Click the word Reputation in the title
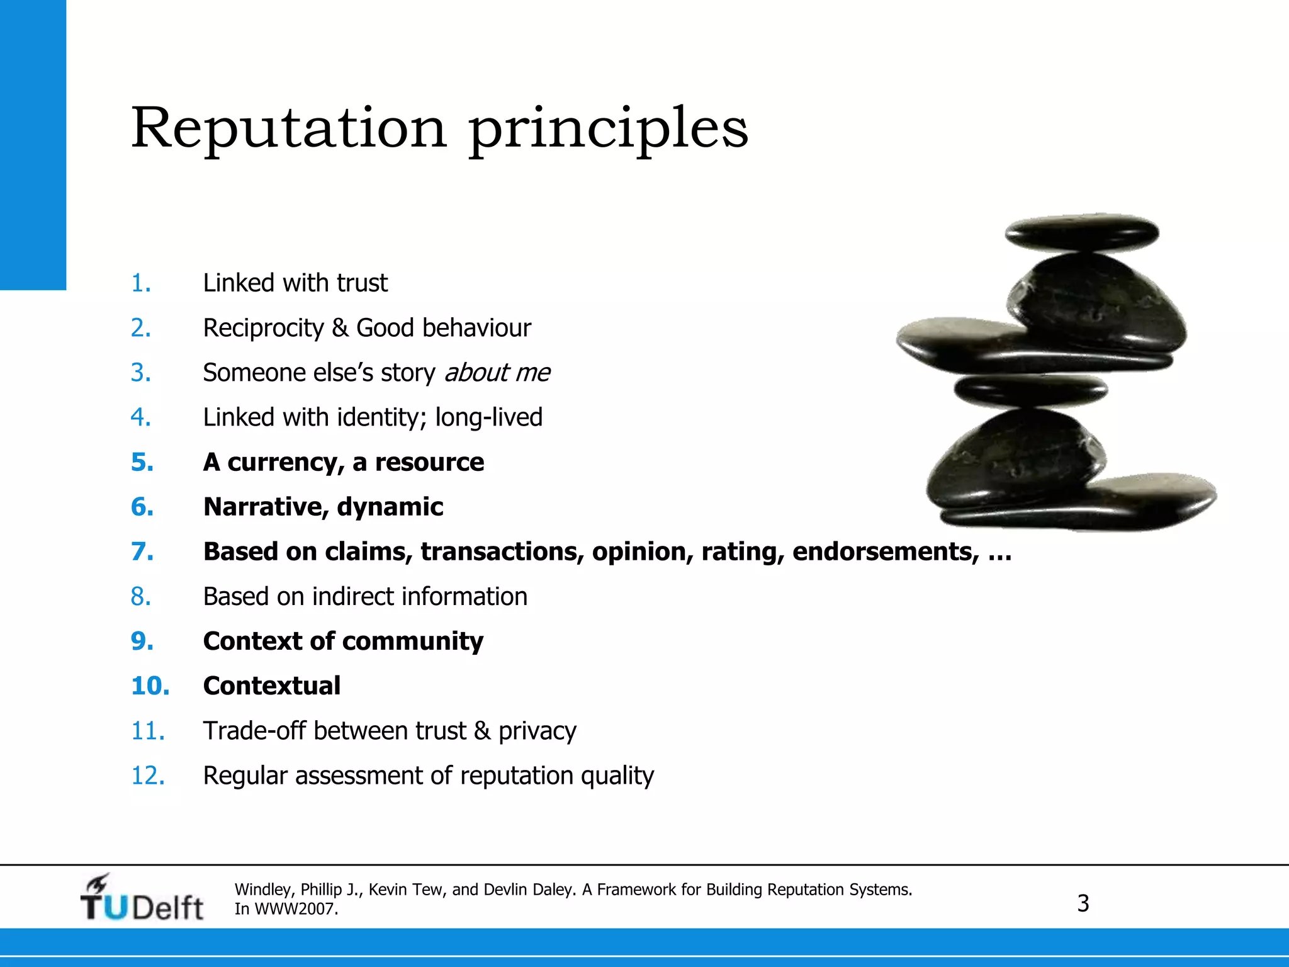(x=288, y=128)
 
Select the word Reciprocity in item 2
(x=263, y=329)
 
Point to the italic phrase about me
(x=497, y=373)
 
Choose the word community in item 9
(x=413, y=642)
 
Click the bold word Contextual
(x=272, y=686)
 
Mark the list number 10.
(x=150, y=686)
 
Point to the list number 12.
(x=148, y=776)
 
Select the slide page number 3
(x=1083, y=903)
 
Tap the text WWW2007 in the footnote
(x=296, y=909)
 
